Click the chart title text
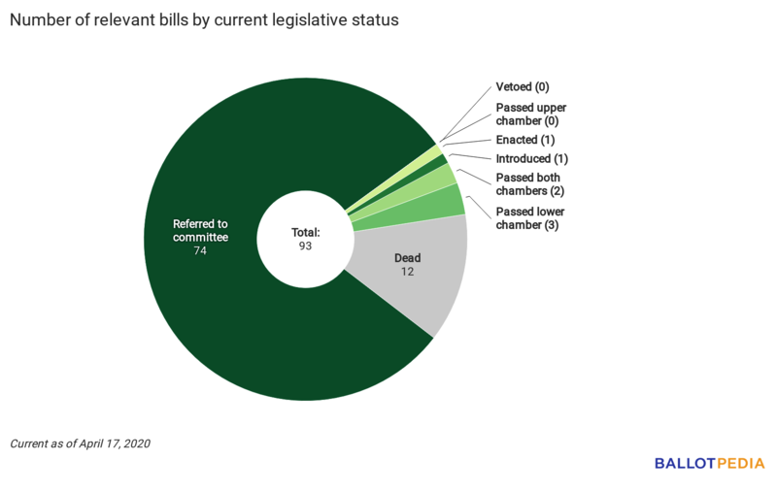pyautogui.click(x=204, y=20)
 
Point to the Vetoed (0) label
pyautogui.click(x=523, y=87)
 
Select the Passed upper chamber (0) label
pyautogui.click(x=531, y=114)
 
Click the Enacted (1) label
pyautogui.click(x=525, y=140)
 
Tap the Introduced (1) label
pyautogui.click(x=532, y=158)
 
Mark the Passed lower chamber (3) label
pyautogui.click(x=530, y=218)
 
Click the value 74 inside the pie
pyautogui.click(x=200, y=250)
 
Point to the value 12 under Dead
pyautogui.click(x=408, y=273)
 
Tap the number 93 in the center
pyautogui.click(x=306, y=246)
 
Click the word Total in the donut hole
pyautogui.click(x=306, y=233)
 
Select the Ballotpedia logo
pyautogui.click(x=709, y=463)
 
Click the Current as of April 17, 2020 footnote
pyautogui.click(x=81, y=443)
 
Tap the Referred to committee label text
pyautogui.click(x=200, y=230)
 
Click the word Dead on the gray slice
pyautogui.click(x=408, y=258)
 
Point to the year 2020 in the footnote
pyautogui.click(x=136, y=443)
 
